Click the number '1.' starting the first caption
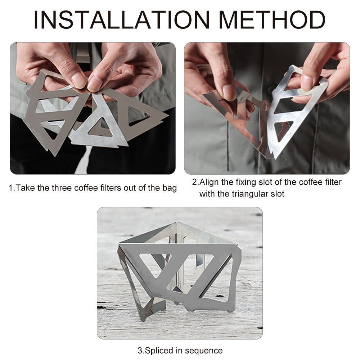12,188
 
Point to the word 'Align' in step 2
210,182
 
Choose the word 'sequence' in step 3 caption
204,351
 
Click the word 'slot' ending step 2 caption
278,194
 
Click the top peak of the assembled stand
177,223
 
